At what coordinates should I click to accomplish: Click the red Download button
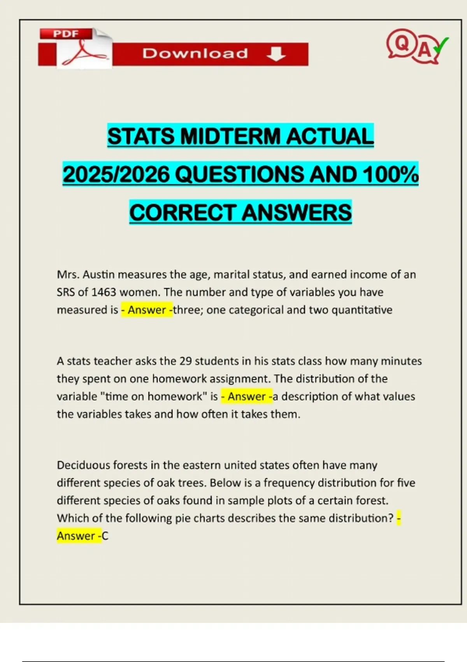(210, 54)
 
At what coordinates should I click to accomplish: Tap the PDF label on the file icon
(66, 34)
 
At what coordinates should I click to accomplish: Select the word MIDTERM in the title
(230, 136)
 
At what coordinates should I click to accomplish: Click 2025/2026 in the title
(116, 174)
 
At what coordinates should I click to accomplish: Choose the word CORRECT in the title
(183, 212)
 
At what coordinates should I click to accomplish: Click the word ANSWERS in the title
(297, 212)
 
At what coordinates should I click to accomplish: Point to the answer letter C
(105, 536)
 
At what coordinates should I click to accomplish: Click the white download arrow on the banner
(276, 54)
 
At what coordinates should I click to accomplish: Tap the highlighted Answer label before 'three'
(147, 310)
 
